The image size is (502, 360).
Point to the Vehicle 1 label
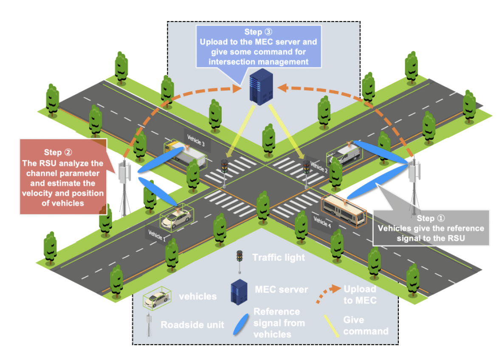coord(157,234)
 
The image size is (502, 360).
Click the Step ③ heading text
coord(259,32)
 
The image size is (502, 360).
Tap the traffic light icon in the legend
coord(240,260)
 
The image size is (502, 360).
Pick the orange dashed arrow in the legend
coord(328,294)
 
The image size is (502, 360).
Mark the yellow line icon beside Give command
coord(331,325)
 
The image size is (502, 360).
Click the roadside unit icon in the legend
coord(149,325)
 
